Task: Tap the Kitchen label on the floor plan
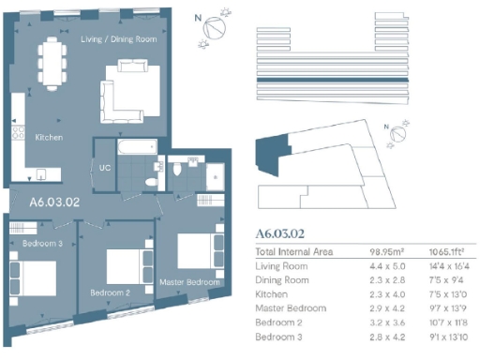[x=50, y=137]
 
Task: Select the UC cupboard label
[x=105, y=169]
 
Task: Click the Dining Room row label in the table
[x=284, y=280]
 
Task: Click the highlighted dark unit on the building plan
[x=272, y=153]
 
